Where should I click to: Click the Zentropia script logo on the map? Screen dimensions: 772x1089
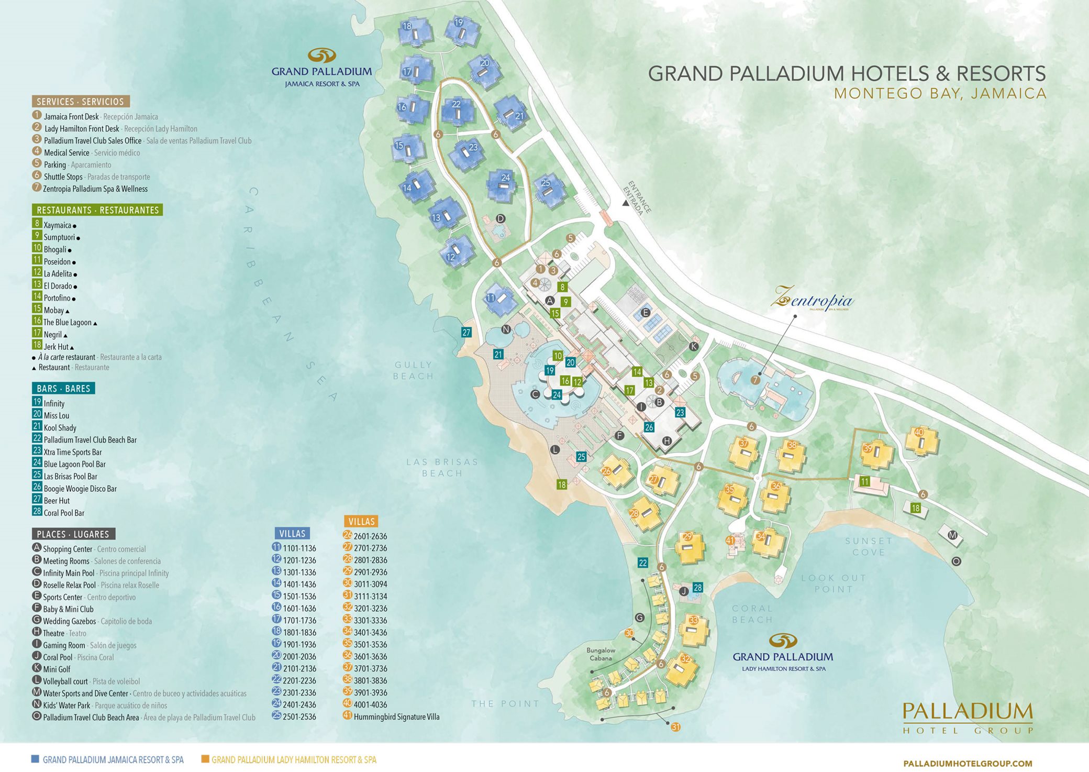click(x=812, y=300)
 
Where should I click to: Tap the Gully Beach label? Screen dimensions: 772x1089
click(x=414, y=370)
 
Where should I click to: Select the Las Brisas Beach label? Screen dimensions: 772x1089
click(x=442, y=467)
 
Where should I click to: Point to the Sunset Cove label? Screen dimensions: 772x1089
click(x=868, y=546)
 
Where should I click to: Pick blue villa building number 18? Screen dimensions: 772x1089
click(x=415, y=31)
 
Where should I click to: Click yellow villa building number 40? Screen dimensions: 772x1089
click(x=921, y=439)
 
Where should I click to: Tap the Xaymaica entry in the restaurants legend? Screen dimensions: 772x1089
click(x=57, y=225)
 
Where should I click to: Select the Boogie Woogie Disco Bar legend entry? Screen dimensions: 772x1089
click(x=80, y=489)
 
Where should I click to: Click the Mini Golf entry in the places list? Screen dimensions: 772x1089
click(x=57, y=669)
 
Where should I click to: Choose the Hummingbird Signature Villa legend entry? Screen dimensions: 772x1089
click(x=396, y=717)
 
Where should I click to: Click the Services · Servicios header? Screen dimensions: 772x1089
click(x=80, y=102)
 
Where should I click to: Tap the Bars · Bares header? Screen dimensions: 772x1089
click(x=63, y=389)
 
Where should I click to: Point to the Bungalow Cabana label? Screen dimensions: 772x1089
click(x=601, y=654)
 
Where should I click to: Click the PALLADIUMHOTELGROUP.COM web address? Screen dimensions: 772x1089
click(x=968, y=764)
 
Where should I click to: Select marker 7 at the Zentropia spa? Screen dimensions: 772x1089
click(x=755, y=380)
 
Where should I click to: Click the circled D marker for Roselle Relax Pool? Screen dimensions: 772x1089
click(x=501, y=218)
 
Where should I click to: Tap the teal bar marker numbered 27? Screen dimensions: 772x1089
click(x=466, y=332)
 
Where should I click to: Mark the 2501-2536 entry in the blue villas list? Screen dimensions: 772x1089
click(x=299, y=717)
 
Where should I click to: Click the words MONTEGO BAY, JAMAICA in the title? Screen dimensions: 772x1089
click(x=940, y=94)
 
